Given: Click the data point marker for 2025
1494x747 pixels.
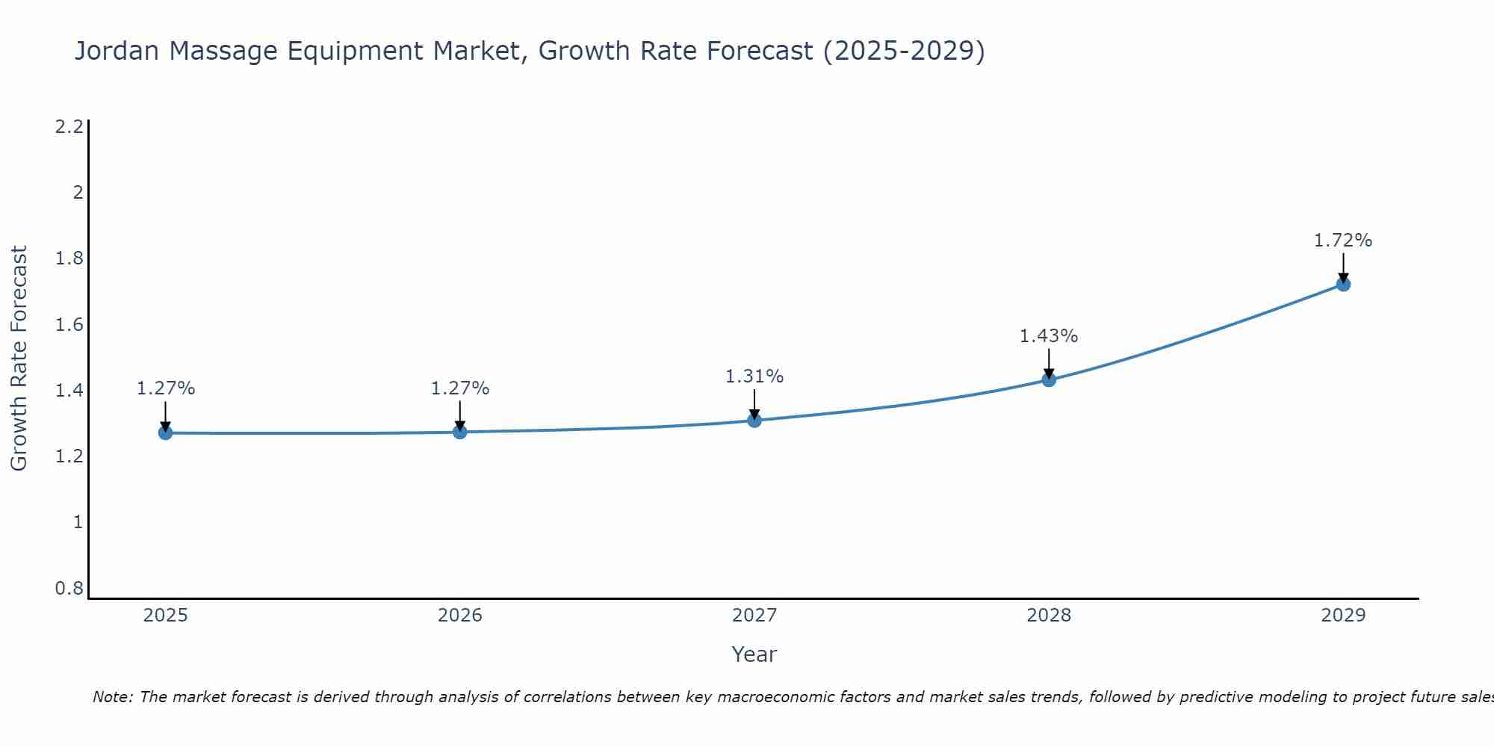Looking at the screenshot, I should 165,433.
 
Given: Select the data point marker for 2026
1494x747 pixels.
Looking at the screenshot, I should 459,432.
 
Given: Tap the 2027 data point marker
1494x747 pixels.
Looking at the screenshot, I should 754,420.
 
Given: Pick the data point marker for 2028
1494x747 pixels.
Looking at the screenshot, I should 1048,379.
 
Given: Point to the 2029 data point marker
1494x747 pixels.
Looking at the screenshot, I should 1342,284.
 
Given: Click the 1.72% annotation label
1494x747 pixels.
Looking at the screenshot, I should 1342,241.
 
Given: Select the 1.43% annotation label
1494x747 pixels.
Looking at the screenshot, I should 1048,336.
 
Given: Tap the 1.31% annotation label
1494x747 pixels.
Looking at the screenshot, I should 754,376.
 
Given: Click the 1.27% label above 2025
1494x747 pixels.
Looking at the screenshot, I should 165,388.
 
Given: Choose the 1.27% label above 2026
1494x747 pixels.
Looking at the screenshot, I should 459,388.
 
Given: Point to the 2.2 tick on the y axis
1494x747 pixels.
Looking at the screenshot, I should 69,127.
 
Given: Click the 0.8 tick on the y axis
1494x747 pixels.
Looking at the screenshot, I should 69,589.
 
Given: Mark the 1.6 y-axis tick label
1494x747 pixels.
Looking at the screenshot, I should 69,325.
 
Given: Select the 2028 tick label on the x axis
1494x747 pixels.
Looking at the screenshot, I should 1048,616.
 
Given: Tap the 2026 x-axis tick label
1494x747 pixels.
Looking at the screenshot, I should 459,616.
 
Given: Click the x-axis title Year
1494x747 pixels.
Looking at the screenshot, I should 754,654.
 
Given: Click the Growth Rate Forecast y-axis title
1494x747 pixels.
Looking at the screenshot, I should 19,359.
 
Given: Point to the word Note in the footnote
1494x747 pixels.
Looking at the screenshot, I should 112,697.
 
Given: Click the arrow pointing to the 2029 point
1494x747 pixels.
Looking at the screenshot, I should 1342,267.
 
